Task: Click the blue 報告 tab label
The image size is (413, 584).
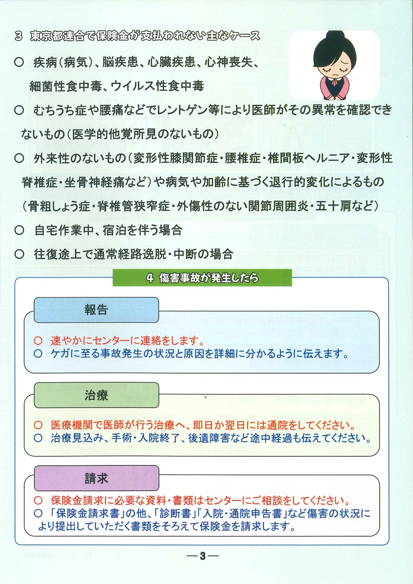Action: pyautogui.click(x=96, y=310)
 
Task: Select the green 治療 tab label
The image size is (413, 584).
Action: pyautogui.click(x=96, y=395)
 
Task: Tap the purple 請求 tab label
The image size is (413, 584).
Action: pyautogui.click(x=96, y=478)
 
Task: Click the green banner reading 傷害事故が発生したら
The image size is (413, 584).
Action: pyautogui.click(x=202, y=278)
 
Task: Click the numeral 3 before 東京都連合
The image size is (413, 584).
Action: pyautogui.click(x=19, y=36)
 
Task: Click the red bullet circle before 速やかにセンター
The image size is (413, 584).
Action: pyautogui.click(x=38, y=341)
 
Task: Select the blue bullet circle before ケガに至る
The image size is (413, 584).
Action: pyautogui.click(x=38, y=354)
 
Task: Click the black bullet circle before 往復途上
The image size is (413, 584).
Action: pyautogui.click(x=19, y=254)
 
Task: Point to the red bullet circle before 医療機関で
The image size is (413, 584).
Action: pyautogui.click(x=38, y=425)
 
